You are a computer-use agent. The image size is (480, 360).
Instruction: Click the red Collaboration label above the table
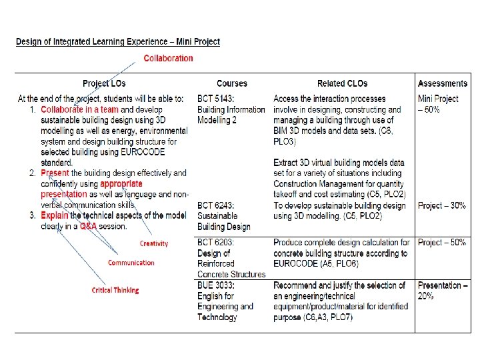pyautogui.click(x=168, y=58)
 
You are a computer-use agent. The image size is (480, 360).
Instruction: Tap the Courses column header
pyautogui.click(x=232, y=83)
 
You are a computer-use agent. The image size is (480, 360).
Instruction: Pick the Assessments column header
pyautogui.click(x=442, y=83)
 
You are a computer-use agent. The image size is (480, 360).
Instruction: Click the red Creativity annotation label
pyautogui.click(x=154, y=244)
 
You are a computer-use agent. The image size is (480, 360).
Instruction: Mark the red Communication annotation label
pyautogui.click(x=131, y=263)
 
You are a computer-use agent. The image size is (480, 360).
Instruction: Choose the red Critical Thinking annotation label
pyautogui.click(x=115, y=290)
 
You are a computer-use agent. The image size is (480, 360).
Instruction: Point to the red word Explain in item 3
pyautogui.click(x=55, y=216)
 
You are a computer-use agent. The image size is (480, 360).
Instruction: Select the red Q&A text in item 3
pyautogui.click(x=89, y=227)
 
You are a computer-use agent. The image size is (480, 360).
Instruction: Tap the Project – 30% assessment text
pyautogui.click(x=441, y=205)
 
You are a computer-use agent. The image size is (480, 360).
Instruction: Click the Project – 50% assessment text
pyautogui.click(x=441, y=243)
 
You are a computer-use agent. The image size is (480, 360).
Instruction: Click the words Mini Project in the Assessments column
pyautogui.click(x=438, y=99)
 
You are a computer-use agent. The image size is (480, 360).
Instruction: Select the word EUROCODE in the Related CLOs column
pyautogui.click(x=299, y=264)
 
